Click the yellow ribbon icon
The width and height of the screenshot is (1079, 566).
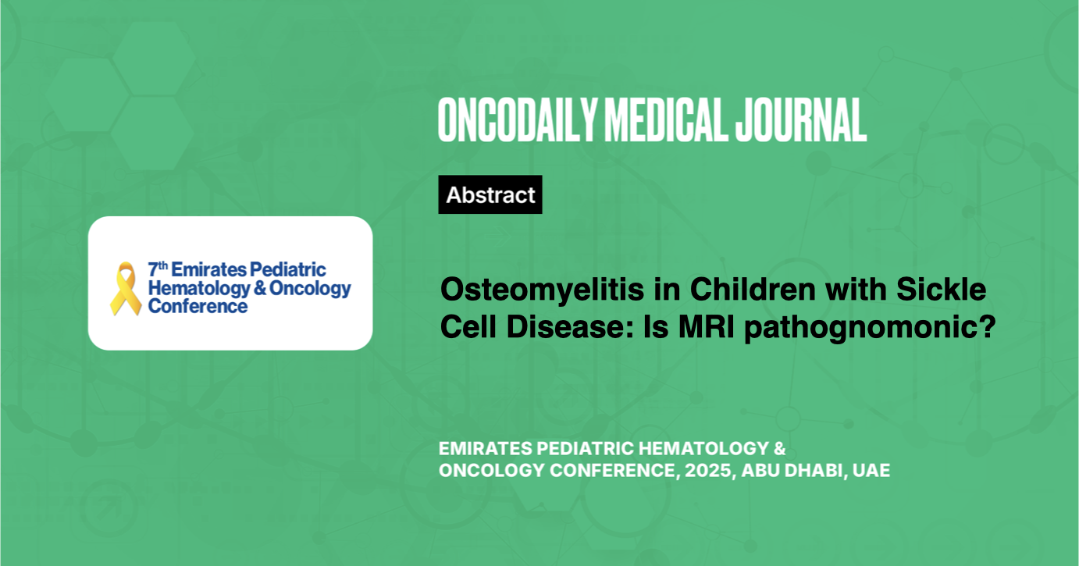(125, 290)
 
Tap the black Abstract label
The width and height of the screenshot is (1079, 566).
(490, 195)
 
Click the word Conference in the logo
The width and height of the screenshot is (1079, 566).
(198, 306)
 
